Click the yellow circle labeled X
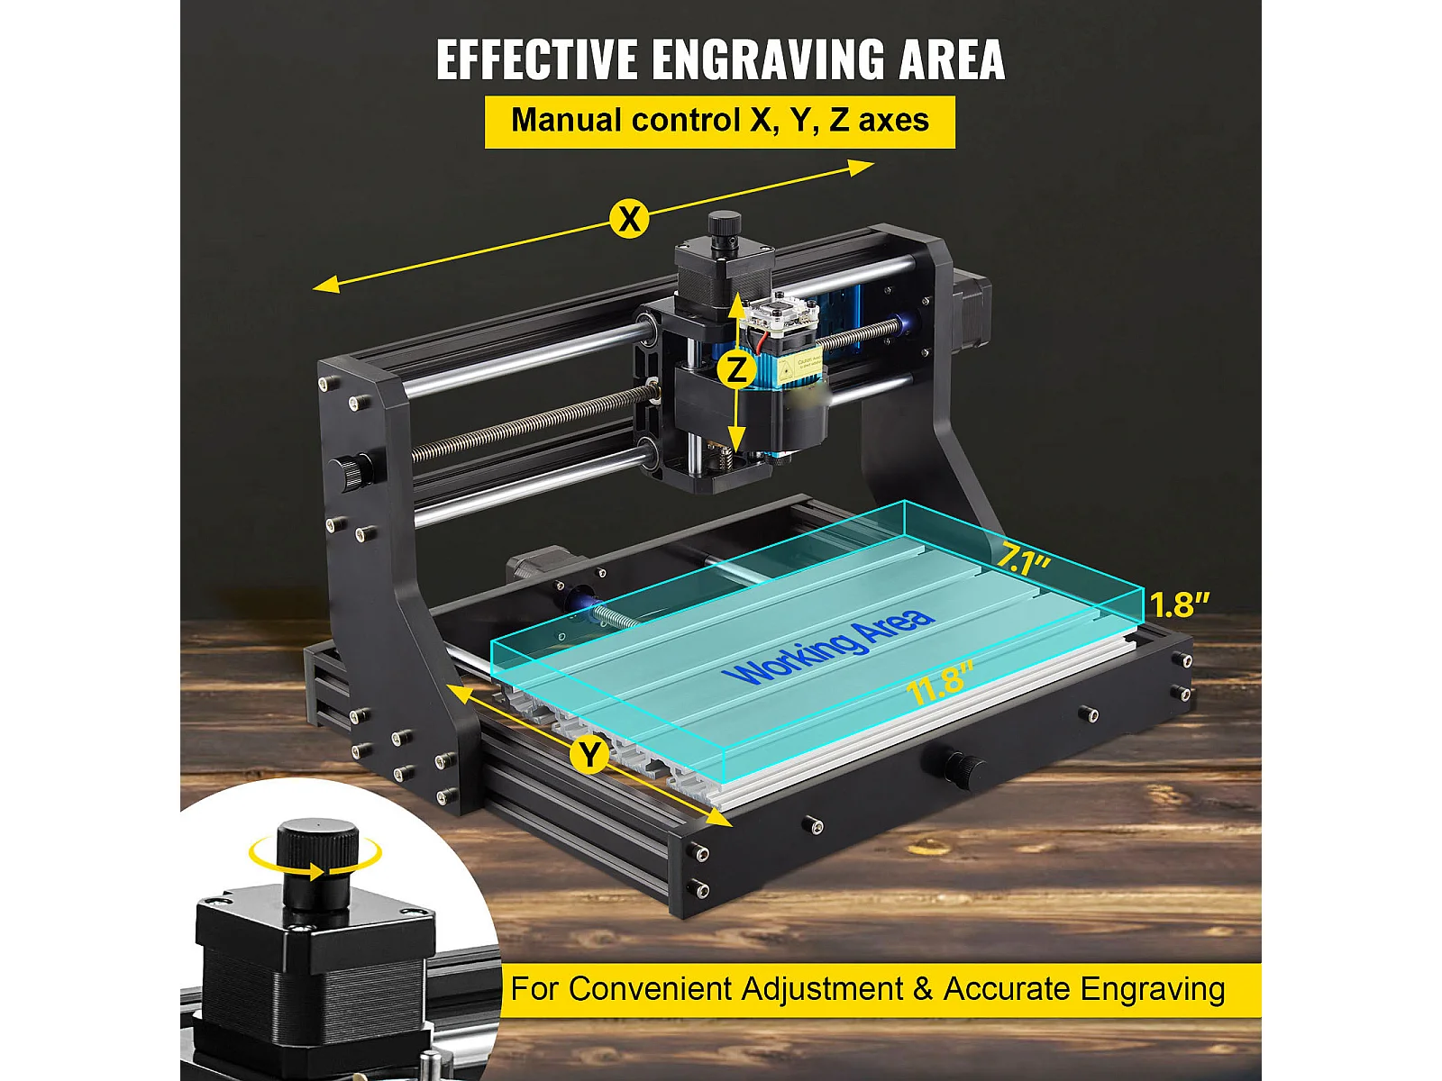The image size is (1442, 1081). [629, 218]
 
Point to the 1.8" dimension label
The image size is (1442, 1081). [1179, 604]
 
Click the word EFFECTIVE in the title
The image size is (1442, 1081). [537, 59]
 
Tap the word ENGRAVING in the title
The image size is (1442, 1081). [769, 59]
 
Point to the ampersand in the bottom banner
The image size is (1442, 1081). [922, 988]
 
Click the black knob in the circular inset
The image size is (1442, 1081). [317, 863]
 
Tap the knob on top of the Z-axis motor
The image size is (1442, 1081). [724, 228]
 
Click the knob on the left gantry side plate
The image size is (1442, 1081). [351, 470]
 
